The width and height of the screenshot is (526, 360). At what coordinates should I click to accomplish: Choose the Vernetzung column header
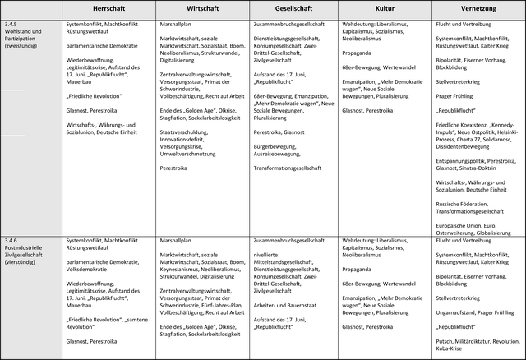pyautogui.click(x=478, y=9)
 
